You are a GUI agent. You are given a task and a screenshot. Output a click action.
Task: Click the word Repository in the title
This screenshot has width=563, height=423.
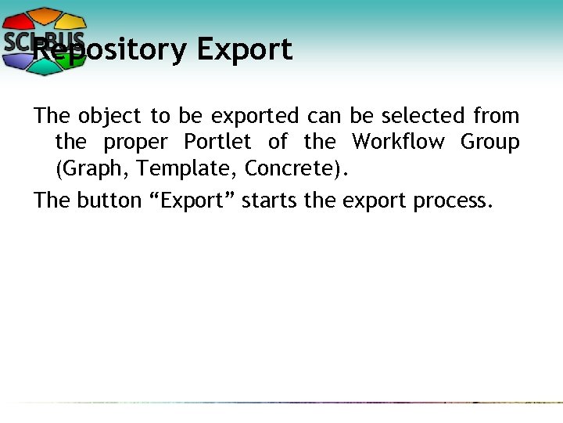109,50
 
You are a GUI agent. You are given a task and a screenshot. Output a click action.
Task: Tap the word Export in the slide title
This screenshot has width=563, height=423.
245,50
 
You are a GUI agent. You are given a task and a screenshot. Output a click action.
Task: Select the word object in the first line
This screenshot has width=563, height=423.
110,117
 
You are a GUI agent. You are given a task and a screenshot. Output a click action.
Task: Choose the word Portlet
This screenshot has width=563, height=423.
217,143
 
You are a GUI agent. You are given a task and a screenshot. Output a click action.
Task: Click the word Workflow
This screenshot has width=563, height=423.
400,143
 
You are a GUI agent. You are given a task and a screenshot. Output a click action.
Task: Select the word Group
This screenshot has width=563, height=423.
490,143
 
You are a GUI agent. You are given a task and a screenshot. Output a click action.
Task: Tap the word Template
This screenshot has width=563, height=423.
186,168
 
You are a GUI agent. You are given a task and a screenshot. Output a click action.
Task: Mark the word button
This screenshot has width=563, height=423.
109,201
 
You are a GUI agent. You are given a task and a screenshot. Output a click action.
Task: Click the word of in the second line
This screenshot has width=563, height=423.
278,143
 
